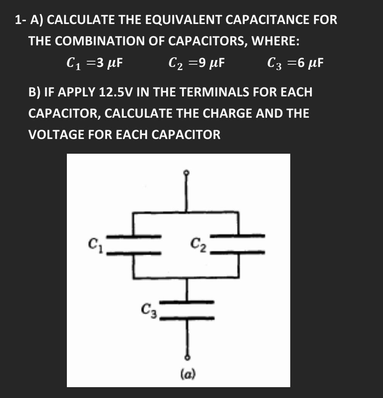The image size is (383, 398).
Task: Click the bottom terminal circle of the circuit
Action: pyautogui.click(x=187, y=357)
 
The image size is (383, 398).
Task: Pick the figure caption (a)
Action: pyautogui.click(x=188, y=374)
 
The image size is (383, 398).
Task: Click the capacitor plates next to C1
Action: pyautogui.click(x=134, y=244)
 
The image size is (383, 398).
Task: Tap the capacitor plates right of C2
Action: pyautogui.click(x=239, y=244)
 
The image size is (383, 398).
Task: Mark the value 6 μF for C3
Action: pyautogui.click(x=309, y=62)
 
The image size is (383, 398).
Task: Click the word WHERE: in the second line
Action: pyautogui.click(x=275, y=41)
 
